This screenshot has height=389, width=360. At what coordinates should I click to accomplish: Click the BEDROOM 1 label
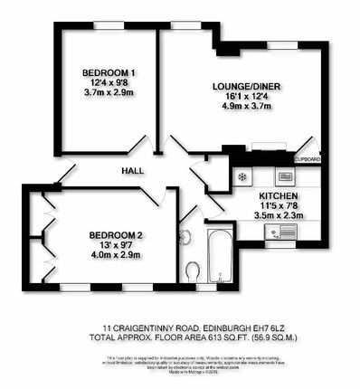tap(109, 72)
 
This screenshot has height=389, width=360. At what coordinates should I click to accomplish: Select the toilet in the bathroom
tap(193, 270)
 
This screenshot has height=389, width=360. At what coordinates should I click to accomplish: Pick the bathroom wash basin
tap(185, 238)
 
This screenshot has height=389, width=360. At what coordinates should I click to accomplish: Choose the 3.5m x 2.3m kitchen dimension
tap(278, 216)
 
